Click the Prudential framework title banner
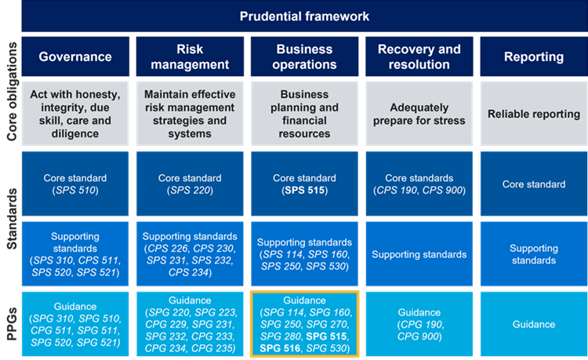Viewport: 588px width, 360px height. (x=305, y=16)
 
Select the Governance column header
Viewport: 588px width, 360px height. (x=75, y=56)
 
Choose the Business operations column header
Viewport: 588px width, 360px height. (x=304, y=56)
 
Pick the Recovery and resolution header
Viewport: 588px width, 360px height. (x=419, y=56)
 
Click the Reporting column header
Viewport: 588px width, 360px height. (x=533, y=56)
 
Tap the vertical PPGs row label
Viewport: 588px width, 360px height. (x=11, y=324)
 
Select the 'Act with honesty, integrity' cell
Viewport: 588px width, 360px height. (x=75, y=114)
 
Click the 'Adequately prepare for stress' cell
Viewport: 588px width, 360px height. (x=419, y=114)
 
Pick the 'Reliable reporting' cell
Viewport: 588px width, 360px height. (x=533, y=114)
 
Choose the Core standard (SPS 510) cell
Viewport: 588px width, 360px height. (x=75, y=184)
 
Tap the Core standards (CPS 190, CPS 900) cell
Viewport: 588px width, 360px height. (x=419, y=184)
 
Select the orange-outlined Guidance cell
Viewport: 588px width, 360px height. (x=304, y=324)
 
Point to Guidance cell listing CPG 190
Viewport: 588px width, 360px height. (x=419, y=324)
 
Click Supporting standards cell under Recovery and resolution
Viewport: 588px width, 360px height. (x=419, y=254)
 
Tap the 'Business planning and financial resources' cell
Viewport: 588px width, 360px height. (x=304, y=114)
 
